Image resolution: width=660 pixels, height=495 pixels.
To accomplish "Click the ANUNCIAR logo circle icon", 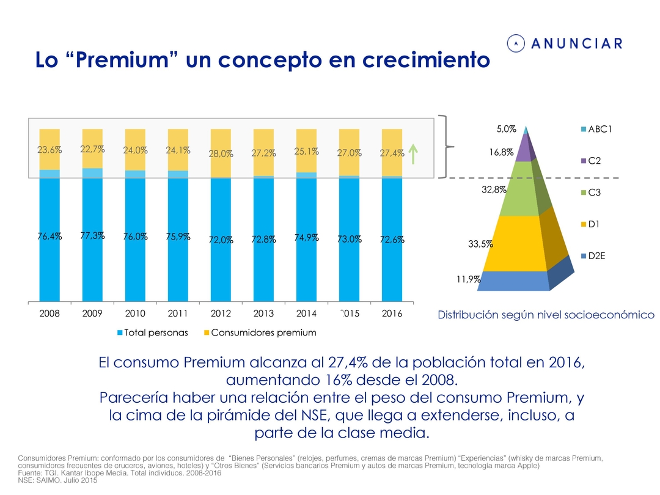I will [x=517, y=43].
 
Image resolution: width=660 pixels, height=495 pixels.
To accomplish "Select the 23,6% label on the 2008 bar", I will [x=50, y=150].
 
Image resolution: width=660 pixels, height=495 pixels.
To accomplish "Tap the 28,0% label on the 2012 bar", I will [x=221, y=154].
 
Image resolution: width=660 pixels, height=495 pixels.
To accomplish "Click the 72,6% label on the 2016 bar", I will [x=392, y=240].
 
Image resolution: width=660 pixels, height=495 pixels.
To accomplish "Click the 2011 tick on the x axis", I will [x=178, y=313].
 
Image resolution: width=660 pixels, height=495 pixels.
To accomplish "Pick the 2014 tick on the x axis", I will [x=306, y=313].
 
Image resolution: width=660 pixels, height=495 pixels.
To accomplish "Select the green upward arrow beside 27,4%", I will [x=413, y=153].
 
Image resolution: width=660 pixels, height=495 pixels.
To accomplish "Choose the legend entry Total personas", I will [x=153, y=333].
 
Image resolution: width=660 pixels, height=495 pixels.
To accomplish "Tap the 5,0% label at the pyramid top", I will [x=506, y=129].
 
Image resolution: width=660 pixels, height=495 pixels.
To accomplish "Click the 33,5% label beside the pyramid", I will [x=480, y=244].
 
